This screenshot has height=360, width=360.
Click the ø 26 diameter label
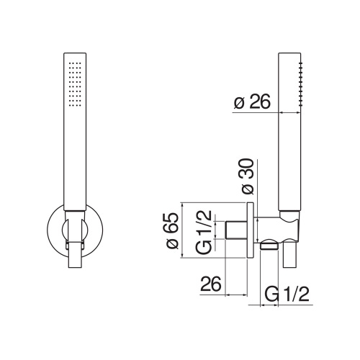point(252,103)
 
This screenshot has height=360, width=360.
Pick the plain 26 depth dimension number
point(209,282)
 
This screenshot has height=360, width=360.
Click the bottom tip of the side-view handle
point(290,267)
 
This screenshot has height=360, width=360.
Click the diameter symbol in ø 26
point(238,103)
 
